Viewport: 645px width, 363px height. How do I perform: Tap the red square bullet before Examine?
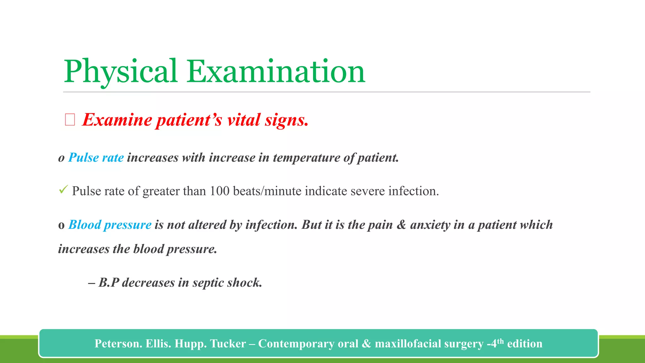coord(70,120)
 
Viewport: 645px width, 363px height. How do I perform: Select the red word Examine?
coord(117,120)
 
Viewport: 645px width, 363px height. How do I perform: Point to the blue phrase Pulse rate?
coord(96,158)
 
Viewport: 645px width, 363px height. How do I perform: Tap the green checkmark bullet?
coord(63,190)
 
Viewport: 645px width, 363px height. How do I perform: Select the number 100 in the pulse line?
coord(220,191)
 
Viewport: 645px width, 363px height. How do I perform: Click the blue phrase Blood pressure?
coord(110,225)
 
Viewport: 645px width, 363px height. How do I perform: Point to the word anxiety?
coord(430,225)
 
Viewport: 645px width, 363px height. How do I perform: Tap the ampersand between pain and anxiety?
coord(401,225)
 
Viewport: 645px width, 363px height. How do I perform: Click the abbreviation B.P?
coord(109,283)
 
